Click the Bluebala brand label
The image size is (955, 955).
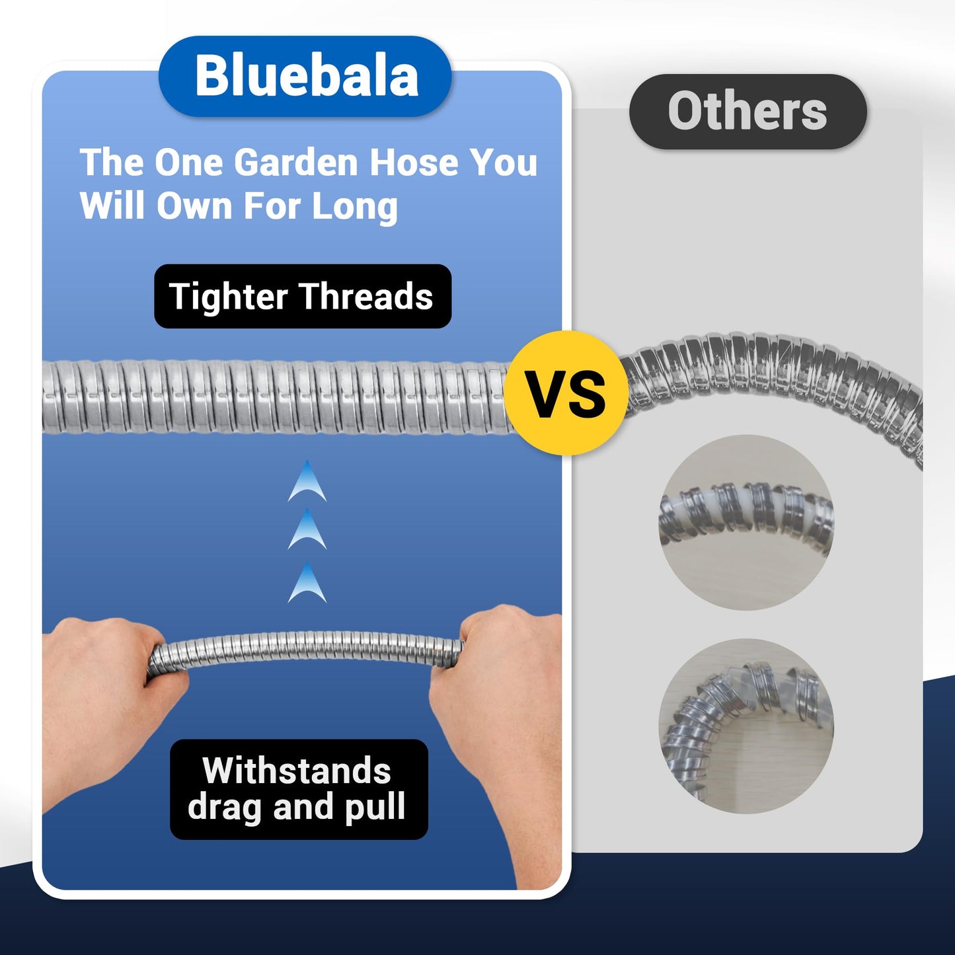[x=305, y=77]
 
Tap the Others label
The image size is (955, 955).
[x=747, y=112]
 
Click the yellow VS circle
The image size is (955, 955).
[x=566, y=393]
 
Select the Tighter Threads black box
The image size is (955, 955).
[x=302, y=296]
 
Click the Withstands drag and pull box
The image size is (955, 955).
[x=299, y=789]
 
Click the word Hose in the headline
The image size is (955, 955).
[x=413, y=163]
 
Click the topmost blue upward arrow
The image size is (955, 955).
[x=307, y=482]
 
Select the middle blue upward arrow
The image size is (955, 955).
[x=307, y=531]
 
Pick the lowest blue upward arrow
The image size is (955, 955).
[x=307, y=584]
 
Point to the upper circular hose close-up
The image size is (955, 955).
[x=746, y=522]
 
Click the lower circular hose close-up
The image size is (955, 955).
[x=746, y=726]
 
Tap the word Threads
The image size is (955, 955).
[x=366, y=296]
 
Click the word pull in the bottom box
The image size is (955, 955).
[x=373, y=808]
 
